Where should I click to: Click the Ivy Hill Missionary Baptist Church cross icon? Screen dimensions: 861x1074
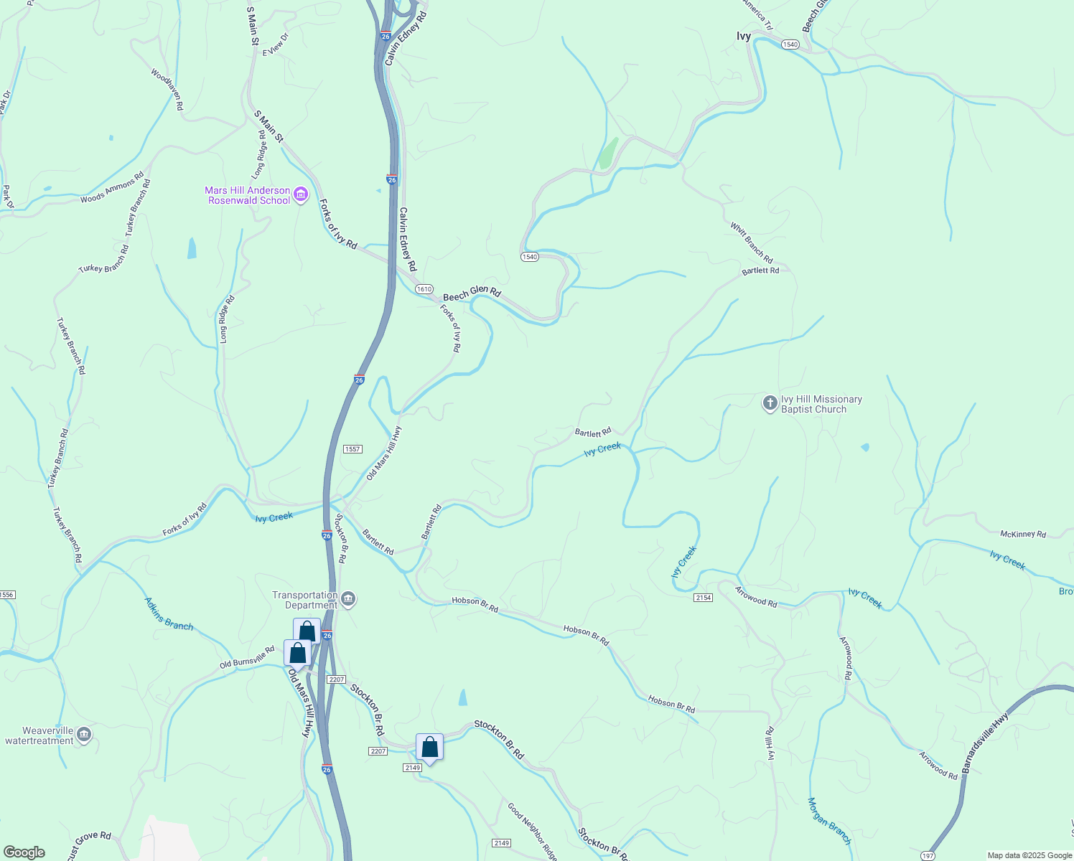pos(770,403)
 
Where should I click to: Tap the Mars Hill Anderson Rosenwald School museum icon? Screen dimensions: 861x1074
pos(301,194)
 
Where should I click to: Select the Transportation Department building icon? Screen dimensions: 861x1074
pos(348,599)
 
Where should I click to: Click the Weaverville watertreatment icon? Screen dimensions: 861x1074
pos(84,735)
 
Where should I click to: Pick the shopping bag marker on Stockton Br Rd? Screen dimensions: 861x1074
pos(429,748)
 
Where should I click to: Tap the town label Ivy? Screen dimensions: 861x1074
pos(744,36)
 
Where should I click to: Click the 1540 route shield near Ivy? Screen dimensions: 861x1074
pos(790,44)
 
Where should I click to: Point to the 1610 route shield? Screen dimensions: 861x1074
pos(424,289)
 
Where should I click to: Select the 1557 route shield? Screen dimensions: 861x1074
pos(352,449)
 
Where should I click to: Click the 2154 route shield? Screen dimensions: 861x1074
pos(703,598)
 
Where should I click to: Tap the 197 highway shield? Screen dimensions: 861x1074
pos(928,855)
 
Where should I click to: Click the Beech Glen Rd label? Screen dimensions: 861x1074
pos(472,293)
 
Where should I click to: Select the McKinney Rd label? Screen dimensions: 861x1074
pos(1023,534)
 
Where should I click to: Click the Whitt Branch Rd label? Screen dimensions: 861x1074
pos(752,243)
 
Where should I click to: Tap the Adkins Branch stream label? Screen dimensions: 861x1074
pos(169,614)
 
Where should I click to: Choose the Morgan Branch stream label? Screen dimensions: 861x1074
pos(829,821)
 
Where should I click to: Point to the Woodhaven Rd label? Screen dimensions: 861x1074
pos(167,89)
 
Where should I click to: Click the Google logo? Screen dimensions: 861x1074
pos(24,852)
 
